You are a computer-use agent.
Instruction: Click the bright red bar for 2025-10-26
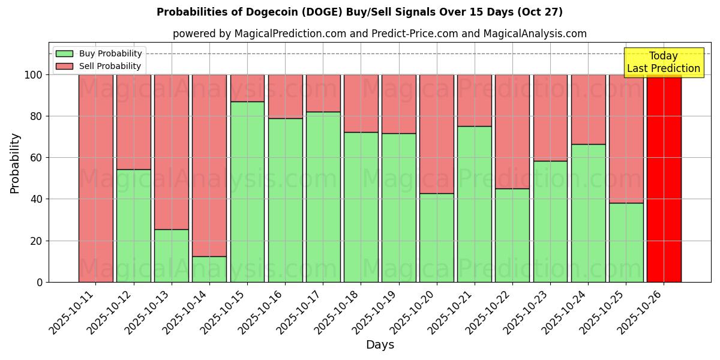click(664, 178)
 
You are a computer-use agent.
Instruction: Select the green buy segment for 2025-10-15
click(247, 192)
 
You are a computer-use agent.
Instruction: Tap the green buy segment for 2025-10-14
click(209, 269)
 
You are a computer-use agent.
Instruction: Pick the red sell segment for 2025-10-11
click(96, 178)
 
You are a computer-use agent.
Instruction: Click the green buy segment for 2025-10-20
click(436, 238)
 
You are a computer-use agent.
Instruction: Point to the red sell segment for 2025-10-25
click(626, 139)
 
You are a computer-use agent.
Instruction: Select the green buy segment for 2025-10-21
click(474, 204)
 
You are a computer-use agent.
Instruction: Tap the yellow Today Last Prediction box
click(663, 62)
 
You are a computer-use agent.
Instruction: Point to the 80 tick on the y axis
click(37, 116)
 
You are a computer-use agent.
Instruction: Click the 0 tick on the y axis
click(40, 282)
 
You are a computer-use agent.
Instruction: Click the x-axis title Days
click(380, 345)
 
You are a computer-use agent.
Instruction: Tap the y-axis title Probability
click(15, 163)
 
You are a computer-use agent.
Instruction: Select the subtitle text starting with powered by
click(380, 34)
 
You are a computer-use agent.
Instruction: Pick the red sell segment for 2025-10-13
click(172, 152)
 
